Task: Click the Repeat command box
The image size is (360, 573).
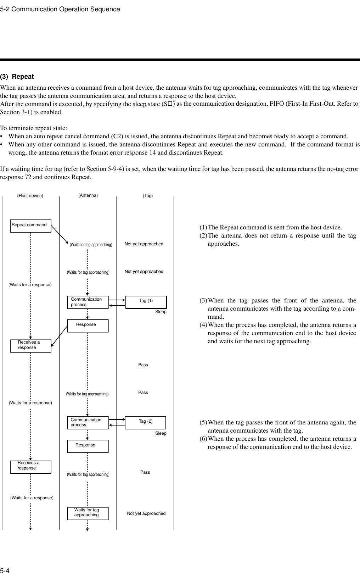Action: [30, 226]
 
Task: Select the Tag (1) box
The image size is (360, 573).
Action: [146, 302]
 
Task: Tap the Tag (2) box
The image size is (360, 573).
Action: [146, 423]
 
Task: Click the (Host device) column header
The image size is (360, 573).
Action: [30, 196]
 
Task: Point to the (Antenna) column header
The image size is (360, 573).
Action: [88, 195]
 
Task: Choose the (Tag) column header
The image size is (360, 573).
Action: [148, 196]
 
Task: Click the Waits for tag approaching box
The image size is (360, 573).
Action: [88, 513]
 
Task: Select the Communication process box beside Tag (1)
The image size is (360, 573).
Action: [88, 302]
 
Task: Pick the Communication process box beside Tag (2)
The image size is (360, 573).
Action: [88, 423]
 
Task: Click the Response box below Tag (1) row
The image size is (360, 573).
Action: [88, 325]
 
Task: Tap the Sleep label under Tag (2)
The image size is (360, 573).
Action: [161, 433]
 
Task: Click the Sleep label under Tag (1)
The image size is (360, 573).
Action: [161, 312]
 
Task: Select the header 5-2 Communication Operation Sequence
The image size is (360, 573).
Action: [60, 9]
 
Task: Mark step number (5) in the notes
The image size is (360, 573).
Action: [203, 422]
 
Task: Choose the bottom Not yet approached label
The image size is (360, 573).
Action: [146, 513]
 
